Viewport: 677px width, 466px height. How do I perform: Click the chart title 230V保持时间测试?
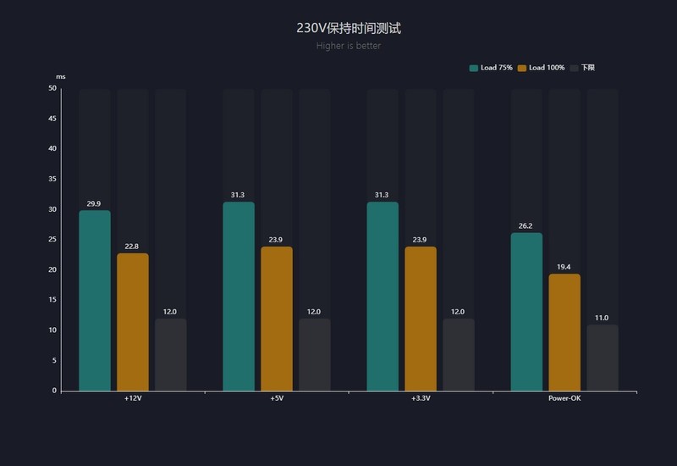click(349, 28)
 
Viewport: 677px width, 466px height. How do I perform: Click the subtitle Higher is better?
click(349, 46)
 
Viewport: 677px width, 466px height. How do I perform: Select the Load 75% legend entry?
click(491, 68)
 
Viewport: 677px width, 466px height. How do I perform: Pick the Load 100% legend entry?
click(541, 68)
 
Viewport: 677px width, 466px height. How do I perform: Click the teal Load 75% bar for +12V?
click(95, 301)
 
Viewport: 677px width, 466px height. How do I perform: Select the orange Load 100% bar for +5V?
click(277, 319)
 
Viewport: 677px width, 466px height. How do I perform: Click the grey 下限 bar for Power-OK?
click(603, 358)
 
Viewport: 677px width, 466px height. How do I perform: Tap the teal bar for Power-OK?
click(526, 312)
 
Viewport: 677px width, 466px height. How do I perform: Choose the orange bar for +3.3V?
click(421, 319)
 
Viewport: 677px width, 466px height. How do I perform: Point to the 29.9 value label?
click(95, 203)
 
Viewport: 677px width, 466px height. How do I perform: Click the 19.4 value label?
click(564, 267)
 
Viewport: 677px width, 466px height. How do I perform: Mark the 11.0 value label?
click(603, 318)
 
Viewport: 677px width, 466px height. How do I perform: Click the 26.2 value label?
click(526, 226)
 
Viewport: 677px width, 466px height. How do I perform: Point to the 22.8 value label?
click(133, 247)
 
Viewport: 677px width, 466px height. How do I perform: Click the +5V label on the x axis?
click(277, 398)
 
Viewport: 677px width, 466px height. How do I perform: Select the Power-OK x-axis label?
click(564, 398)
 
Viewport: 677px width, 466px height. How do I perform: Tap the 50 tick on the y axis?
click(52, 88)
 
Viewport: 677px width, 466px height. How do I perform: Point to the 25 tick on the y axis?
click(52, 240)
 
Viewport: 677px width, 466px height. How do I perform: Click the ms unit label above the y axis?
click(60, 77)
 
